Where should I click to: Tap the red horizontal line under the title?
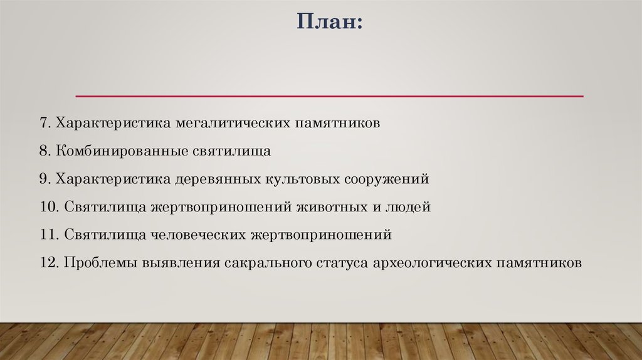(x=329, y=96)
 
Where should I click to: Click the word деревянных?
(x=218, y=179)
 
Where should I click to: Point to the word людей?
(x=413, y=206)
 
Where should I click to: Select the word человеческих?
(x=199, y=235)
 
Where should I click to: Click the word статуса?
(x=342, y=262)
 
